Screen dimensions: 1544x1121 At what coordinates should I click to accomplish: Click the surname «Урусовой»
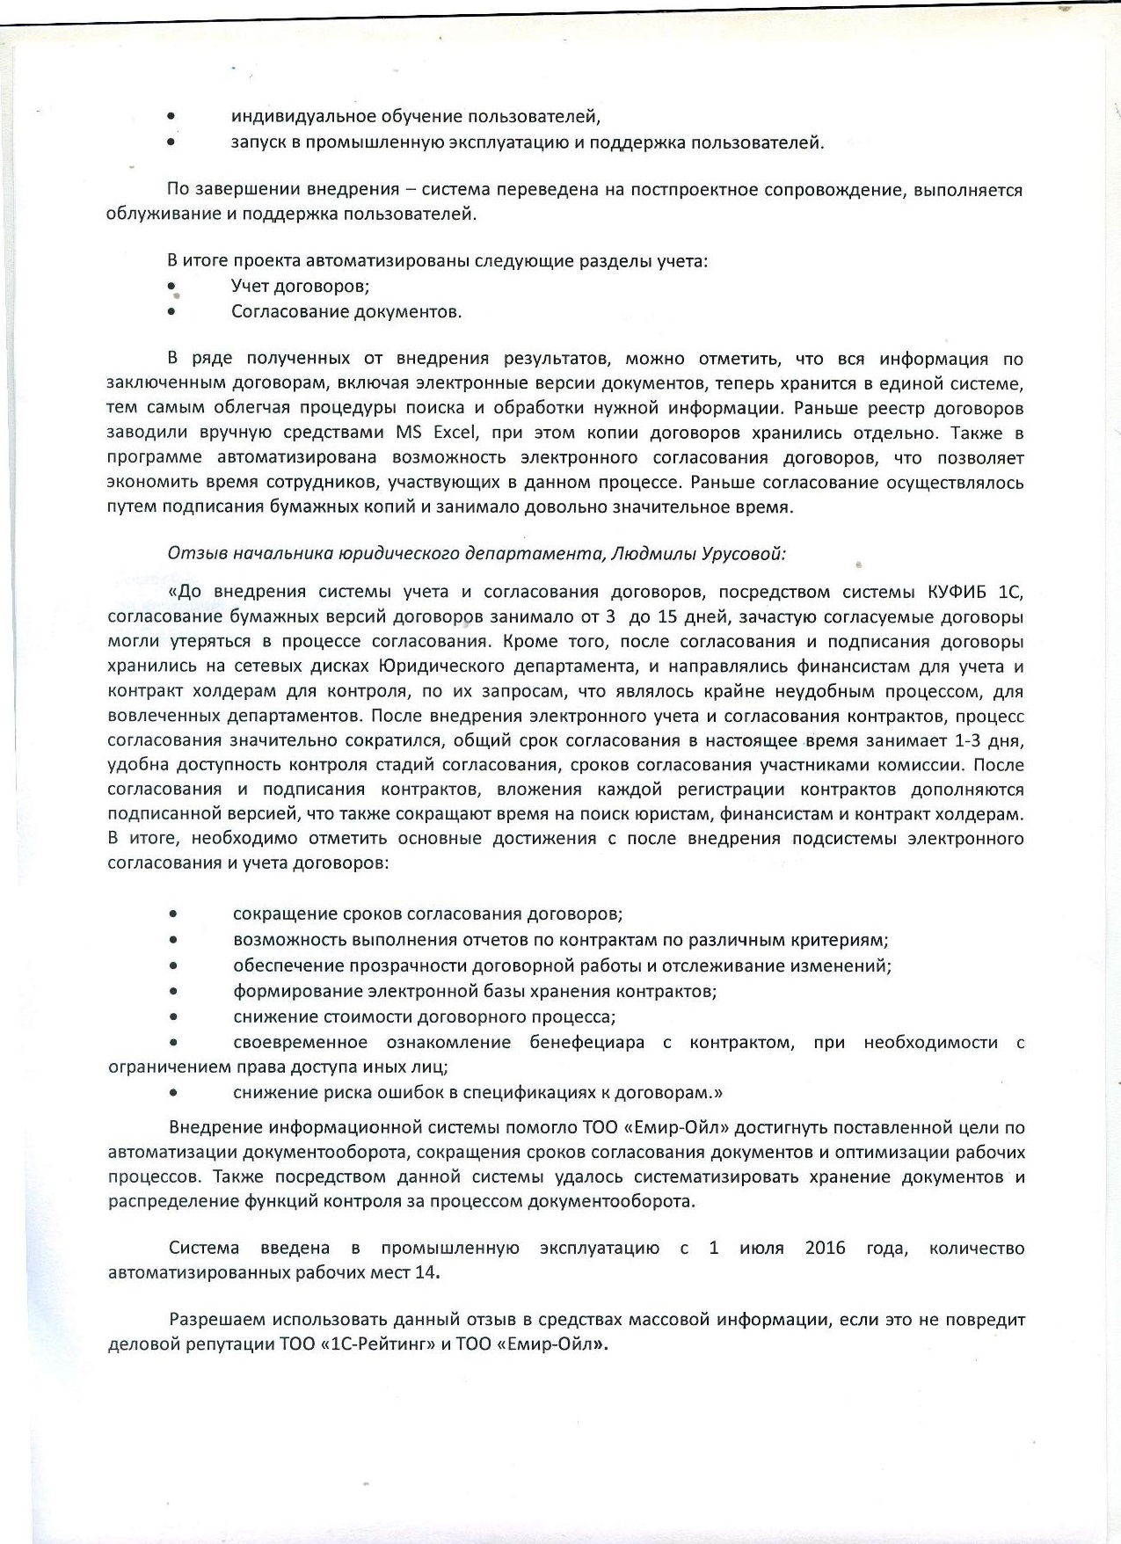743,554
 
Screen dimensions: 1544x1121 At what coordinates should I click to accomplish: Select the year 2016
825,1248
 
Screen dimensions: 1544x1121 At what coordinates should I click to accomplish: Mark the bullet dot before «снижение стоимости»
174,1017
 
